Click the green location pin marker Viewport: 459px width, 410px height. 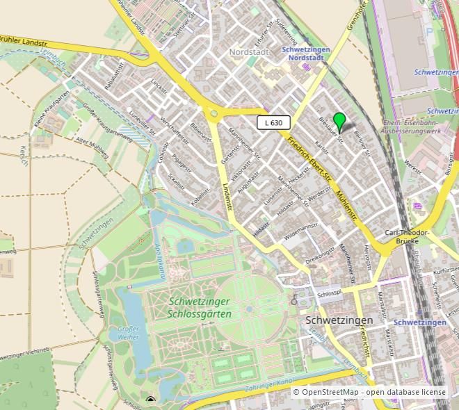(x=339, y=120)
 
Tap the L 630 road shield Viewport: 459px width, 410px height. (x=273, y=123)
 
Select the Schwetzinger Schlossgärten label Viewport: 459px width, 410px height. (x=200, y=307)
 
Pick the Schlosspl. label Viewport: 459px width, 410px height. (x=330, y=295)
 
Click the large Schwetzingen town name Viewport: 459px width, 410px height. (x=339, y=320)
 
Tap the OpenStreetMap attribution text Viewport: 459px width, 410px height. (x=369, y=393)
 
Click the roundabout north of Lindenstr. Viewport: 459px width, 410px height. (x=211, y=113)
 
